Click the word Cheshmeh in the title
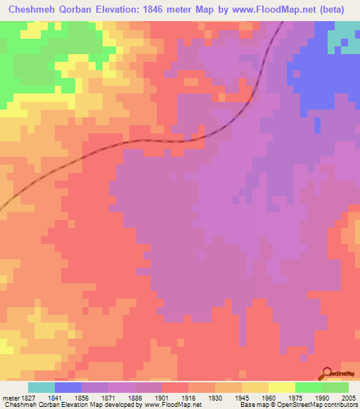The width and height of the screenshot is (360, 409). (x=33, y=10)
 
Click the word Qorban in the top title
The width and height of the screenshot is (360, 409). (x=85, y=10)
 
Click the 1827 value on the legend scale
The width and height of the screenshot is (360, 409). (x=27, y=398)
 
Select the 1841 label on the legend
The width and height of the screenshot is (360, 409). (x=54, y=398)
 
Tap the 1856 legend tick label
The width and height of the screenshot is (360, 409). (x=82, y=398)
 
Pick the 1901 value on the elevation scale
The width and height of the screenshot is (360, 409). (x=162, y=398)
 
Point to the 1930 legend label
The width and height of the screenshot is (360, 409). (x=215, y=398)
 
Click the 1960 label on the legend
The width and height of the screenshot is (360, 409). (x=269, y=398)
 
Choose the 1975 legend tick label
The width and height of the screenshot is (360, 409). (x=295, y=398)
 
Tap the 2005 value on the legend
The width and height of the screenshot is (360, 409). (x=347, y=398)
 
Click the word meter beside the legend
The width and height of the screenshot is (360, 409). (x=9, y=398)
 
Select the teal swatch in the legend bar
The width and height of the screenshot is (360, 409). (x=41, y=387)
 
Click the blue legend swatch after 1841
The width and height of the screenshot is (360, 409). (x=68, y=387)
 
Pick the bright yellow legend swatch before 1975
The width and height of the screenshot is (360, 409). (x=282, y=387)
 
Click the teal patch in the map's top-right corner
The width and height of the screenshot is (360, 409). (x=346, y=32)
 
